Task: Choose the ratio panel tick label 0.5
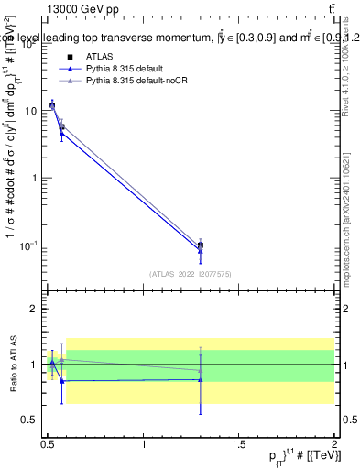pyautogui.click(x=31, y=420)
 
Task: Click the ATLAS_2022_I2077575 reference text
pyautogui.click(x=190, y=273)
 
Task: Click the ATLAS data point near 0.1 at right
pyautogui.click(x=201, y=245)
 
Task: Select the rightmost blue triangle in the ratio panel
pyautogui.click(x=201, y=379)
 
